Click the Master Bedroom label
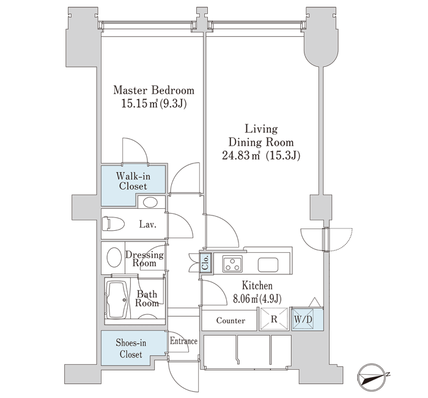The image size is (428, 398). pos(153,90)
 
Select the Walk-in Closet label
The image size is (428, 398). pos(133,181)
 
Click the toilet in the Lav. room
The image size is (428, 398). pos(113,224)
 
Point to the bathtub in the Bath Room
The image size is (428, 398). pos(117,300)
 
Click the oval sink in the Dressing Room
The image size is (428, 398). pos(114,257)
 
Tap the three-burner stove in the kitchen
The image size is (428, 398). pos(232,264)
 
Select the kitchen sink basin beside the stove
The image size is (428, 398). pos(268,265)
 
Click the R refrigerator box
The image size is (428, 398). pos(274,319)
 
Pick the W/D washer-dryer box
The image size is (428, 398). pos(303,319)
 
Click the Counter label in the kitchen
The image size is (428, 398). pos(231,320)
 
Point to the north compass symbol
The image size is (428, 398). pos(372,378)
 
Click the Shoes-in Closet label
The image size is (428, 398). pos(131,348)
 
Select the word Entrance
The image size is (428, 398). pos(183,341)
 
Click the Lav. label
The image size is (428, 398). pos(148,225)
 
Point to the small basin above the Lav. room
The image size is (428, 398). pos(150,203)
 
